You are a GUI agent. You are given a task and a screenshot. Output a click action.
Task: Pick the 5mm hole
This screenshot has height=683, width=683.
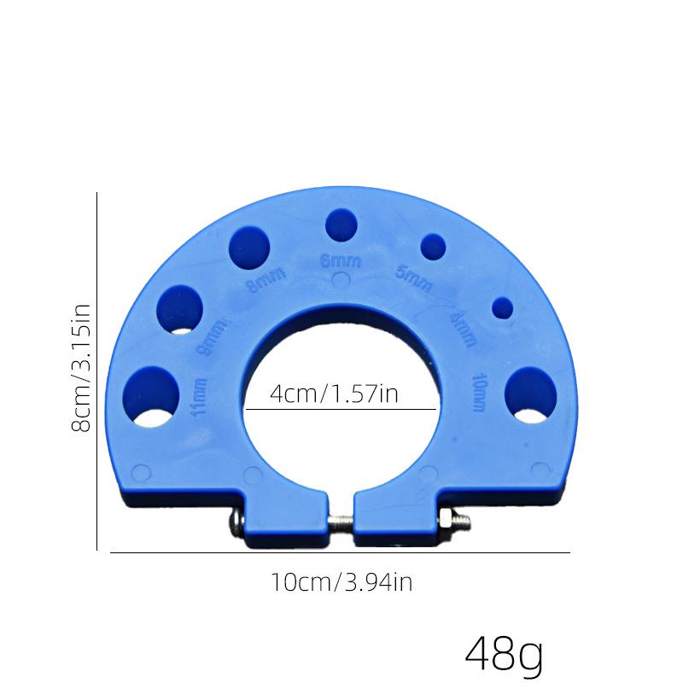(x=434, y=247)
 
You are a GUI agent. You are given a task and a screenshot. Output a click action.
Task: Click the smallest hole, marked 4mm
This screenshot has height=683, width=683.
(x=502, y=306)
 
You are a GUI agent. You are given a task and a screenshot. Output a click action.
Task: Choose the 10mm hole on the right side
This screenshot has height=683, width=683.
(x=530, y=395)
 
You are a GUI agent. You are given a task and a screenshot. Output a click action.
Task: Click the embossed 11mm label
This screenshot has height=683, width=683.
(x=201, y=395)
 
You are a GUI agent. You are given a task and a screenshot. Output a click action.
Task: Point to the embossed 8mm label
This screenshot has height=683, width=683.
(x=265, y=279)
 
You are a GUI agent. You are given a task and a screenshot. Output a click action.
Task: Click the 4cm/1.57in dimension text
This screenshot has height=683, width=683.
(x=334, y=394)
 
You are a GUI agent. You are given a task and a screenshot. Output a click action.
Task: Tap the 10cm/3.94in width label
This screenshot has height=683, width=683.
(x=341, y=583)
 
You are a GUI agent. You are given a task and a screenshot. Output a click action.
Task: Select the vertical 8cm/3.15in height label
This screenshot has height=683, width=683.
(x=82, y=371)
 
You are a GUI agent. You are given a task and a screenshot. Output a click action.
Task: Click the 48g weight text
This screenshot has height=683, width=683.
(x=504, y=654)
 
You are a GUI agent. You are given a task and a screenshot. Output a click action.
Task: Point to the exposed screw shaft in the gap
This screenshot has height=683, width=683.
(x=341, y=520)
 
